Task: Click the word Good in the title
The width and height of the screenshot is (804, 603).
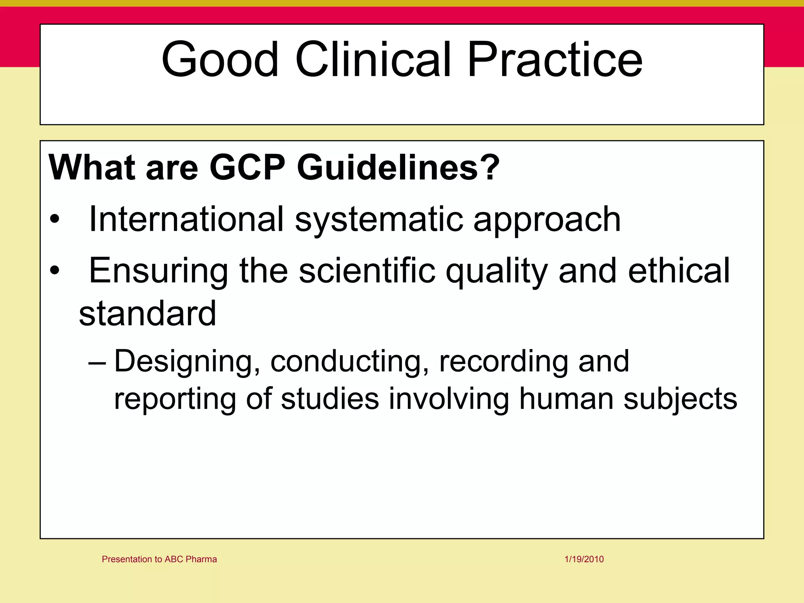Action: (x=220, y=60)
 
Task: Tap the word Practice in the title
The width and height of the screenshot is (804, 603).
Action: (x=554, y=60)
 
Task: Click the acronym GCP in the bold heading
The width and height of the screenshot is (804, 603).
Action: (x=247, y=168)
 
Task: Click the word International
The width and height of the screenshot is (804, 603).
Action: (x=186, y=219)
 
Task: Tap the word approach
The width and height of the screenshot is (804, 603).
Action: (x=547, y=219)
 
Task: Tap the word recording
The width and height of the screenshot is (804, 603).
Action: (x=503, y=361)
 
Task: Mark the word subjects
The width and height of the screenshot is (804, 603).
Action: (x=680, y=398)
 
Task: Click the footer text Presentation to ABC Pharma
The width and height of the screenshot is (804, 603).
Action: (x=159, y=559)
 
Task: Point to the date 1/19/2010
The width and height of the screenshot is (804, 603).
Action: (x=584, y=559)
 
